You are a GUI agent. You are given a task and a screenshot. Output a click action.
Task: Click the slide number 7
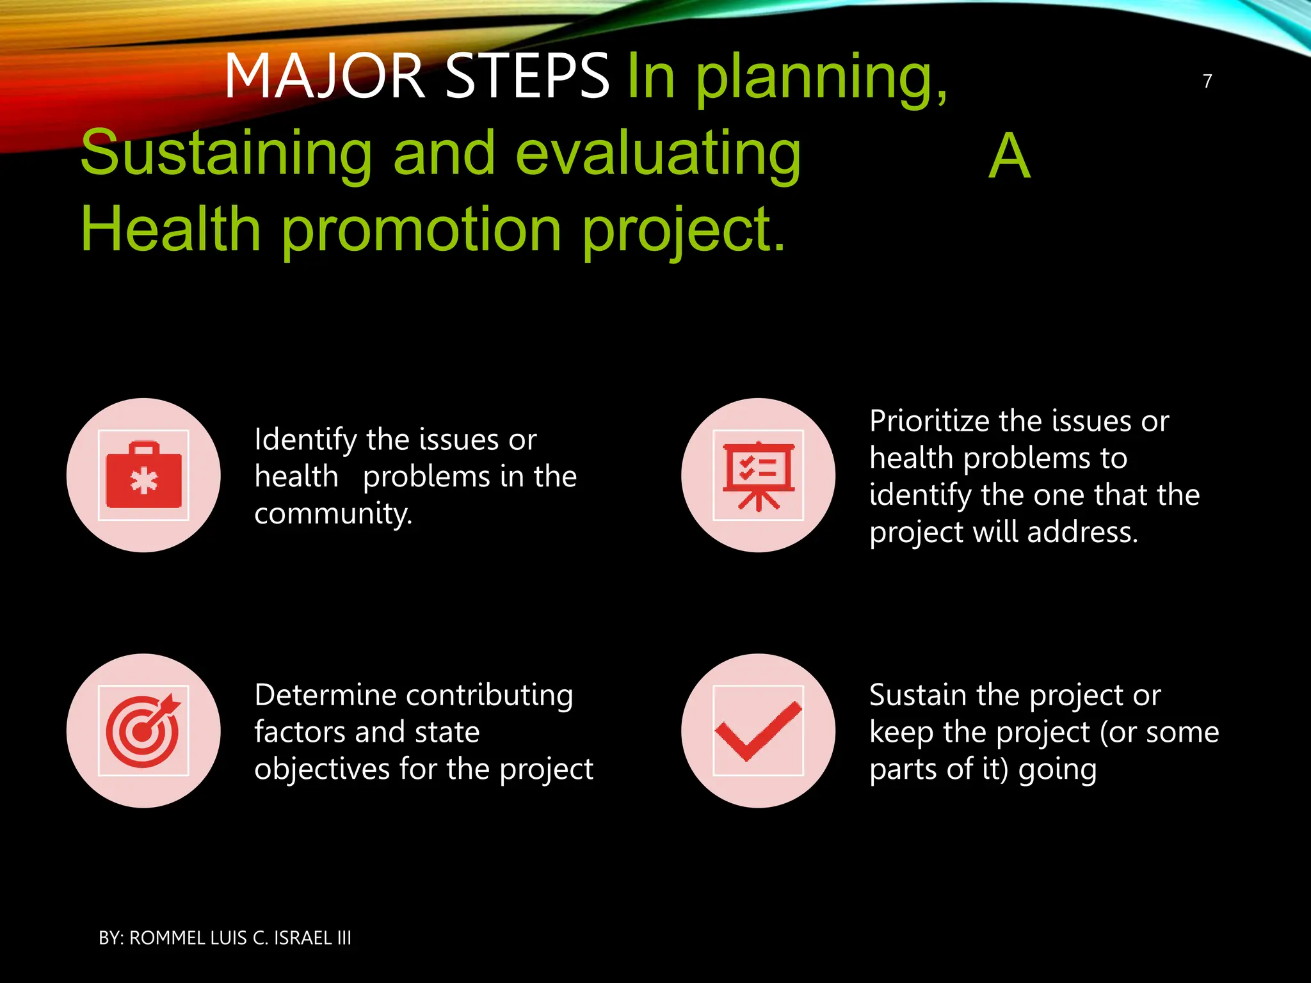coord(1207,81)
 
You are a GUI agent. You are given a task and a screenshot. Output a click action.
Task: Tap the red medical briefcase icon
coord(143,476)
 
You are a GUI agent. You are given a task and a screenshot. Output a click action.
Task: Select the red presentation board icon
coord(759,476)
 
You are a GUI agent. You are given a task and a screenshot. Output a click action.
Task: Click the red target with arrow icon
coord(143,731)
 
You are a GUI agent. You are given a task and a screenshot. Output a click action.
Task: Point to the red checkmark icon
coord(759,731)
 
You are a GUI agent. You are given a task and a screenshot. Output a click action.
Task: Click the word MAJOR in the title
coord(325,77)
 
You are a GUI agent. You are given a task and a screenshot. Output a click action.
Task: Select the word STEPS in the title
coord(527,77)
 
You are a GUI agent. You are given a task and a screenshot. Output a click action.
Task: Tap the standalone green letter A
coord(1009,156)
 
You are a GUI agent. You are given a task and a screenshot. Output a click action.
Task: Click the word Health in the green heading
coord(170,229)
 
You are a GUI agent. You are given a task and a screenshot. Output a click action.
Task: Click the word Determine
coord(325,696)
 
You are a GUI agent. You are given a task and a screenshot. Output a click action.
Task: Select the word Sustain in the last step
coord(917,696)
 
